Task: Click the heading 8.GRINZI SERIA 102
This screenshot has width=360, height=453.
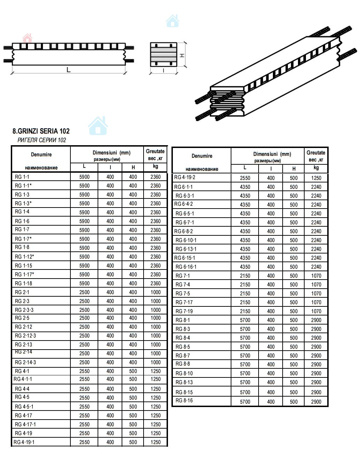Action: tap(41, 131)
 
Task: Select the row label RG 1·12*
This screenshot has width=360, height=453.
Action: tap(24, 257)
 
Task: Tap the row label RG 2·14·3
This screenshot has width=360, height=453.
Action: tap(25, 362)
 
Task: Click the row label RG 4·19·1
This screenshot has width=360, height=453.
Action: tap(24, 442)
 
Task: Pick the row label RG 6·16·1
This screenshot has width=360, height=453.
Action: tap(186, 267)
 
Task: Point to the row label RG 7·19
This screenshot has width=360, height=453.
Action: tap(184, 311)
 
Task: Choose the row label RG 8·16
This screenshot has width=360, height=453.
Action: tap(184, 401)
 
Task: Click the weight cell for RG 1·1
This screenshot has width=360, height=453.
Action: tap(155, 177)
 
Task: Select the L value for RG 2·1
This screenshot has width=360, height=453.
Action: tap(84, 292)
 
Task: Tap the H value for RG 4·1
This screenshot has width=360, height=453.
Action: tap(133, 371)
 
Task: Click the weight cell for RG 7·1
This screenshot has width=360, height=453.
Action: tap(316, 276)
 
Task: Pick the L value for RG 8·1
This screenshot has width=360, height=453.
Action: tap(245, 320)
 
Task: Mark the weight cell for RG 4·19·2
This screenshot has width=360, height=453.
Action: tap(316, 178)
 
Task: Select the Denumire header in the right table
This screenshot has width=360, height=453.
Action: tap(202, 156)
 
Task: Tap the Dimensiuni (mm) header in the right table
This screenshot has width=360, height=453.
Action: tap(272, 154)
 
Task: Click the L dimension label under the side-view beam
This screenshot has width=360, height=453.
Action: tap(69, 70)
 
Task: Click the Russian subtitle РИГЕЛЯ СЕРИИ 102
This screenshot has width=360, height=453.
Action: tap(41, 140)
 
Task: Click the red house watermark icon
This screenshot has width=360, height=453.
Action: tap(27, 38)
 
